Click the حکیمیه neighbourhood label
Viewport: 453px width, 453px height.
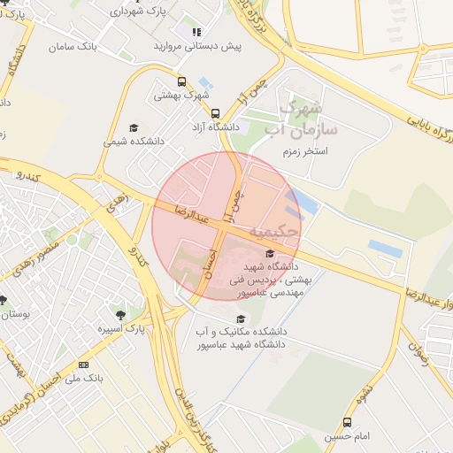pyautogui.click(x=269, y=232)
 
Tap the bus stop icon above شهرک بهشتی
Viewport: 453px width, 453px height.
pyautogui.click(x=182, y=82)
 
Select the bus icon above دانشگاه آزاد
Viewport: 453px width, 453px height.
pyautogui.click(x=215, y=113)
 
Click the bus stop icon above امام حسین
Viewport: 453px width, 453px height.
pyautogui.click(x=346, y=423)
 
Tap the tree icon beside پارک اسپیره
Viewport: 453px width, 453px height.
pyautogui.click(x=118, y=314)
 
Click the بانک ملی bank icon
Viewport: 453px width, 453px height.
pyautogui.click(x=84, y=365)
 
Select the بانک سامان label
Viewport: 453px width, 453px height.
pyautogui.click(x=73, y=44)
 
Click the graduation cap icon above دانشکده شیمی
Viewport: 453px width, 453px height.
pyautogui.click(x=134, y=127)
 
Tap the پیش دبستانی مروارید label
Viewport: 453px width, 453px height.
pyautogui.click(x=196, y=45)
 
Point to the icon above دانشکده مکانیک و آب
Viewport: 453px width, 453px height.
pyautogui.click(x=239, y=319)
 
